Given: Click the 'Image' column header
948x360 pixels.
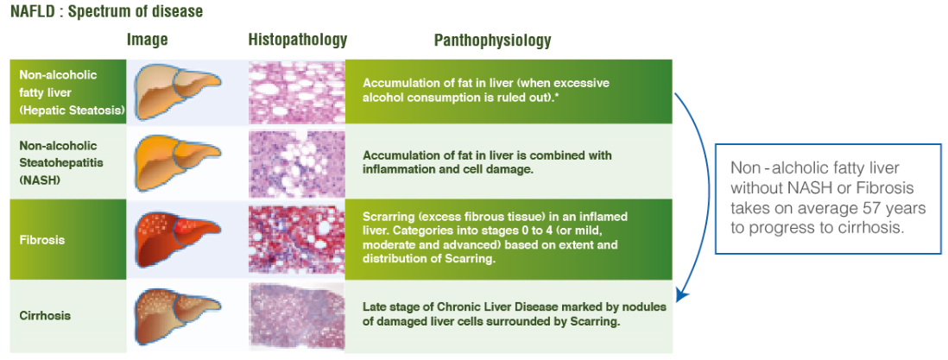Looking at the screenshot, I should tap(147, 40).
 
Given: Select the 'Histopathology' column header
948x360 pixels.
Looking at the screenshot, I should tap(297, 40).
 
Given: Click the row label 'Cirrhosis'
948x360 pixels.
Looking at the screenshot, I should tap(45, 316).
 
